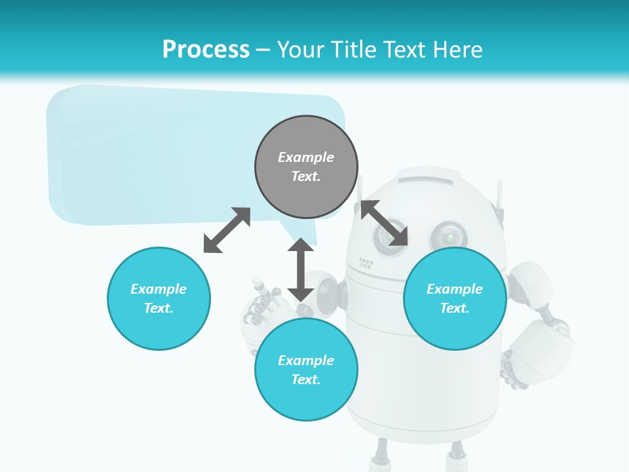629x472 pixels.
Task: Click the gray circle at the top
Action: [306, 167]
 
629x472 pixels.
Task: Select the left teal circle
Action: [159, 298]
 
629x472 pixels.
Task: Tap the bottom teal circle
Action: [306, 370]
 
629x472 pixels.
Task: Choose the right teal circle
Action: [455, 298]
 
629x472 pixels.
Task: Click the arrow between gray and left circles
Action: [227, 230]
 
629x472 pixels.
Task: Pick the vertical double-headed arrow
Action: [301, 269]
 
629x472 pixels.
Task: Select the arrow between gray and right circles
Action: [385, 223]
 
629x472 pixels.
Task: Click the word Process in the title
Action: [206, 49]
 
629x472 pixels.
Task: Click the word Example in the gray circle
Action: [306, 157]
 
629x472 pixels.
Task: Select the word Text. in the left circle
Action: [159, 308]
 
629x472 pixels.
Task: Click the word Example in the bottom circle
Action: [306, 361]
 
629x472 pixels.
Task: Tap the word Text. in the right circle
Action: [455, 308]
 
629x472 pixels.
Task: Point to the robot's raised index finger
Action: [256, 284]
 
